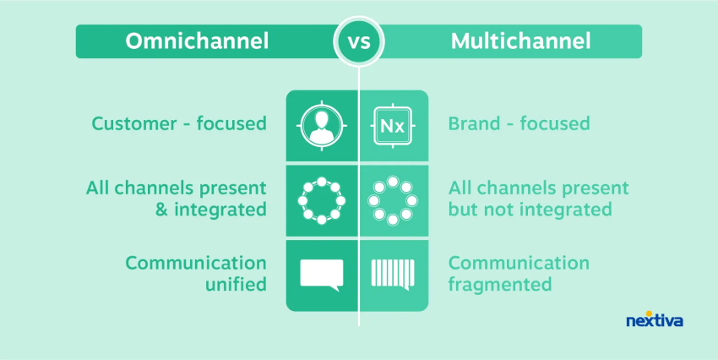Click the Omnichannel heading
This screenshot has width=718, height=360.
(197, 41)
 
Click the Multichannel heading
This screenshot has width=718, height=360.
(520, 41)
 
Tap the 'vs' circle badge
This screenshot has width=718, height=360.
(359, 41)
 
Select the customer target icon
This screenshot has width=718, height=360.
(322, 126)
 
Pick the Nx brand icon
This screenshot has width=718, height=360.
(393, 126)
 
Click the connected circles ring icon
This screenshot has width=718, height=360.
(322, 200)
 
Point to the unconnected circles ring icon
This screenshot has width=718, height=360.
(393, 200)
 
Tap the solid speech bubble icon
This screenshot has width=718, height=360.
(322, 275)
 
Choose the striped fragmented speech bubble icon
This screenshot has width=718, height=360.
(393, 275)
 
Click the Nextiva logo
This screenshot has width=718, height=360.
(655, 319)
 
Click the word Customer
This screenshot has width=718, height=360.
(134, 123)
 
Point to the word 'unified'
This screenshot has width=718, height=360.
(236, 285)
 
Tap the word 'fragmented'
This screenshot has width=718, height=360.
(499, 285)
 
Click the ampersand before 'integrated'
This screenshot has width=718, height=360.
(161, 210)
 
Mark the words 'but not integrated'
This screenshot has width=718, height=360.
(530, 210)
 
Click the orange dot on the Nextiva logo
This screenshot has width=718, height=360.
(649, 314)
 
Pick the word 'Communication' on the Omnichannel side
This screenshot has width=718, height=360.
(196, 263)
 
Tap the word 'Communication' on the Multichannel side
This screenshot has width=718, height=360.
(519, 263)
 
